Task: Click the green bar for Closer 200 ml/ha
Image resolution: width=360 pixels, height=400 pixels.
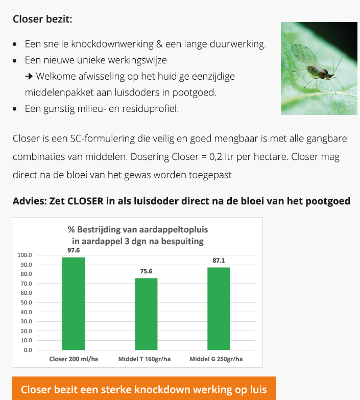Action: click(x=74, y=303)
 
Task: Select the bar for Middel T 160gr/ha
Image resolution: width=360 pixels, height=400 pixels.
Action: click(x=146, y=314)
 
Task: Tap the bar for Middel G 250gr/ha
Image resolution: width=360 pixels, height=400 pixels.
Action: click(x=219, y=309)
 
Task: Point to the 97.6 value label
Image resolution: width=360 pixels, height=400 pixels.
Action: click(x=74, y=250)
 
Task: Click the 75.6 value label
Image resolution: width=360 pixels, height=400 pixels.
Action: click(x=146, y=271)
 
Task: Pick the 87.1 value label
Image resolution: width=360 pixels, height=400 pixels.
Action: click(x=219, y=261)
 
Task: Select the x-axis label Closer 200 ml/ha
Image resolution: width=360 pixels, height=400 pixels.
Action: click(x=74, y=359)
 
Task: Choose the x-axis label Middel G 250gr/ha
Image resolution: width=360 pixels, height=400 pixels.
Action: click(x=217, y=359)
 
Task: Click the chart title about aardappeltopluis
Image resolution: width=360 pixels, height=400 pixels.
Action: click(x=138, y=234)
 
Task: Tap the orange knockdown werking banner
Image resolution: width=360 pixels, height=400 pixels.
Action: click(x=143, y=389)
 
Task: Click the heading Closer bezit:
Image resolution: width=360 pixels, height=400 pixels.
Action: click(x=42, y=19)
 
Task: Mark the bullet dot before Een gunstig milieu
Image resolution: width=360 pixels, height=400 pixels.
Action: click(x=16, y=109)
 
